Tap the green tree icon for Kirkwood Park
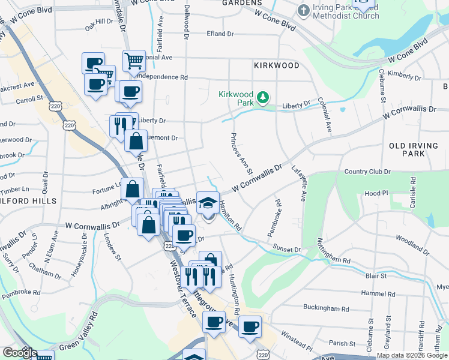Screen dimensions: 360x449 (x=262, y=97)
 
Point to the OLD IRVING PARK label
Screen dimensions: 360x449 (x=415, y=149)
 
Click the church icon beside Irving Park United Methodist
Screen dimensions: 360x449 (x=304, y=11)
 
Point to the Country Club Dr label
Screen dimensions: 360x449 (x=367, y=172)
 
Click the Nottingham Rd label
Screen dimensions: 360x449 (x=334, y=252)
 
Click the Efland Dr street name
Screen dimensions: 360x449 (x=221, y=34)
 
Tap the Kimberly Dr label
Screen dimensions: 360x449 (x=405, y=74)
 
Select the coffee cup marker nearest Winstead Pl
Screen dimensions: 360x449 (x=250, y=327)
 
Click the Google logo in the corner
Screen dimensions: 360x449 (x=20, y=353)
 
